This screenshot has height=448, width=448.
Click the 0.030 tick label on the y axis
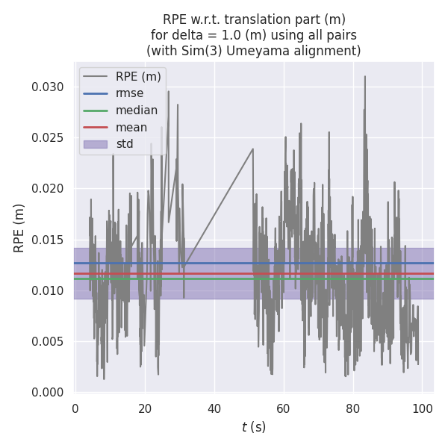(x=47, y=87)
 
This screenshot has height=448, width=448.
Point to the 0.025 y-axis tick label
(x=47, y=137)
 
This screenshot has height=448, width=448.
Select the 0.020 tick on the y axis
(x=47, y=189)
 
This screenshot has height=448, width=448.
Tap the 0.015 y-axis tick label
(x=47, y=240)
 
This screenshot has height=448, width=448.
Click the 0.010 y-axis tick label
(x=47, y=290)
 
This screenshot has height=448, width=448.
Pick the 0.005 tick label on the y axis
(x=47, y=341)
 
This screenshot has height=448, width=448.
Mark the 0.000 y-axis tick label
(x=47, y=392)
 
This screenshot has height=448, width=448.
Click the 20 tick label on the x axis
(x=145, y=408)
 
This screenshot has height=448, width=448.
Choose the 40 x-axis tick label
(x=214, y=408)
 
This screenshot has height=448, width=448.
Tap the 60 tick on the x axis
(x=284, y=408)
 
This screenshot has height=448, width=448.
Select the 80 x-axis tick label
(x=353, y=408)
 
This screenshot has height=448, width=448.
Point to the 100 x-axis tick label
(x=423, y=408)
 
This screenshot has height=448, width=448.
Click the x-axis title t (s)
(x=254, y=427)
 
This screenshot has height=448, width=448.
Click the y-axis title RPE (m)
(x=19, y=228)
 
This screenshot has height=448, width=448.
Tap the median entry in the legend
(x=136, y=111)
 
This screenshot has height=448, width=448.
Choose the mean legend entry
(x=131, y=127)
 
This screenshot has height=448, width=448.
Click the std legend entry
(x=125, y=143)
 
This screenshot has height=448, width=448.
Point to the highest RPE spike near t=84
(x=364, y=76)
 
